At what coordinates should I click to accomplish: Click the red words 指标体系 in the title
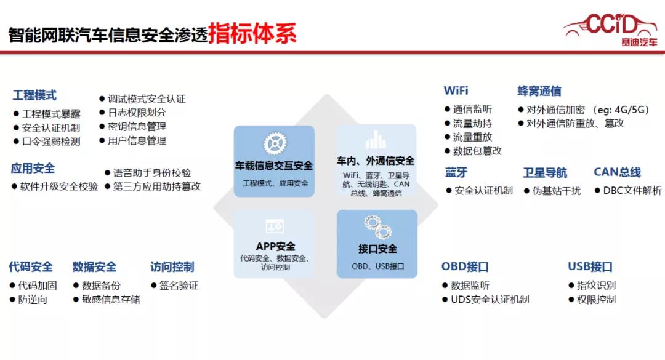click(252, 34)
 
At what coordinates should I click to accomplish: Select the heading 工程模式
click(34, 95)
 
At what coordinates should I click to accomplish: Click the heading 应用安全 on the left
click(33, 168)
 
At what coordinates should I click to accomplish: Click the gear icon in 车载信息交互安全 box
click(275, 143)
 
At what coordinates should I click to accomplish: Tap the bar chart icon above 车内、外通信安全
click(375, 140)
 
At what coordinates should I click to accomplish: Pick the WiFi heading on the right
click(456, 90)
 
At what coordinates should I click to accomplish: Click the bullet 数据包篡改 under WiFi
click(477, 151)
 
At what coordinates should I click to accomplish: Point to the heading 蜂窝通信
click(539, 91)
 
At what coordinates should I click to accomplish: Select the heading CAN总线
click(617, 172)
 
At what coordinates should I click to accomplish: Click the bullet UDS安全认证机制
click(490, 300)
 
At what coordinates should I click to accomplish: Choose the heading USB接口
click(590, 267)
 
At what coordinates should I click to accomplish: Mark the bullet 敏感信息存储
click(110, 300)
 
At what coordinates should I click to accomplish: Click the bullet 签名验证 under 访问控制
click(179, 286)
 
